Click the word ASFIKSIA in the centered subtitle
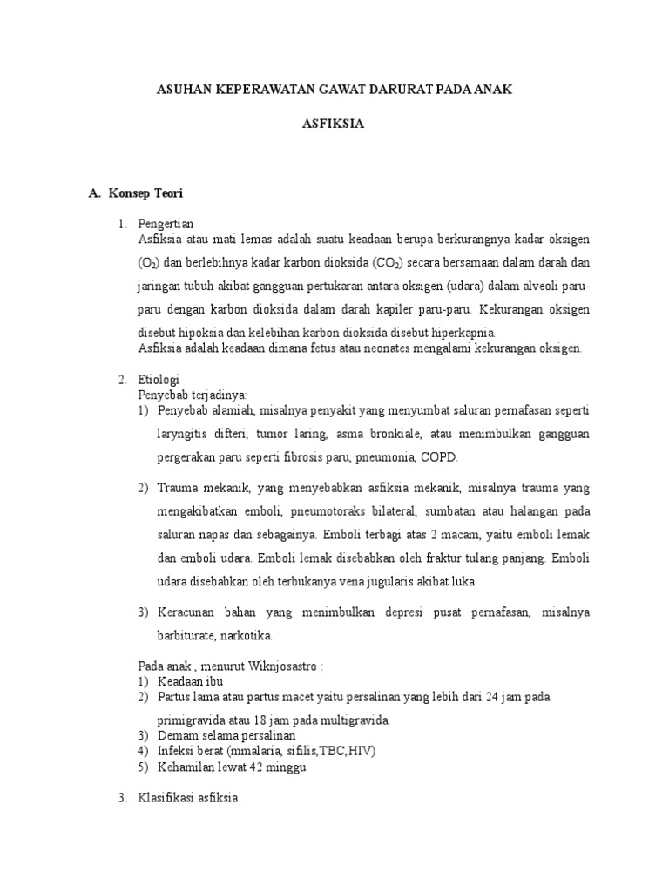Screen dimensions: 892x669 pos(333,124)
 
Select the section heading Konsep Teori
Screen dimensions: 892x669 pos(146,192)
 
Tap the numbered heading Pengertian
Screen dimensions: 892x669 pos(166,223)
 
